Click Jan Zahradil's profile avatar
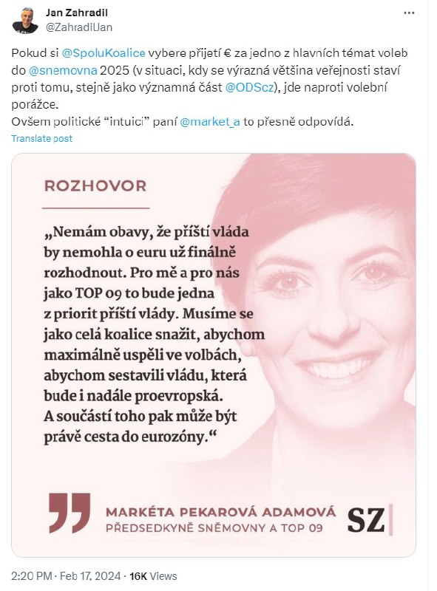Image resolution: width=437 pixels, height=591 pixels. coord(25,21)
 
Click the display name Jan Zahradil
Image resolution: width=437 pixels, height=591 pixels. coord(77,13)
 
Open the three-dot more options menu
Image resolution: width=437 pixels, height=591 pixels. coord(409,13)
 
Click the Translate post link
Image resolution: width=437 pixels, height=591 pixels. coord(42,139)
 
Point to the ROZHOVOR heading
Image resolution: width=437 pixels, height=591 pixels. coord(95,185)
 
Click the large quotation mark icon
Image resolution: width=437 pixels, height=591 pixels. coord(70,512)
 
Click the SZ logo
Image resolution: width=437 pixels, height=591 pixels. coord(367,520)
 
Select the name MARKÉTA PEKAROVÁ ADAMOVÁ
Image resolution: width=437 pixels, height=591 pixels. coord(220,511)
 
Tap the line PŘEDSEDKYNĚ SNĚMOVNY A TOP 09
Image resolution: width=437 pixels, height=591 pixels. coord(214,527)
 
